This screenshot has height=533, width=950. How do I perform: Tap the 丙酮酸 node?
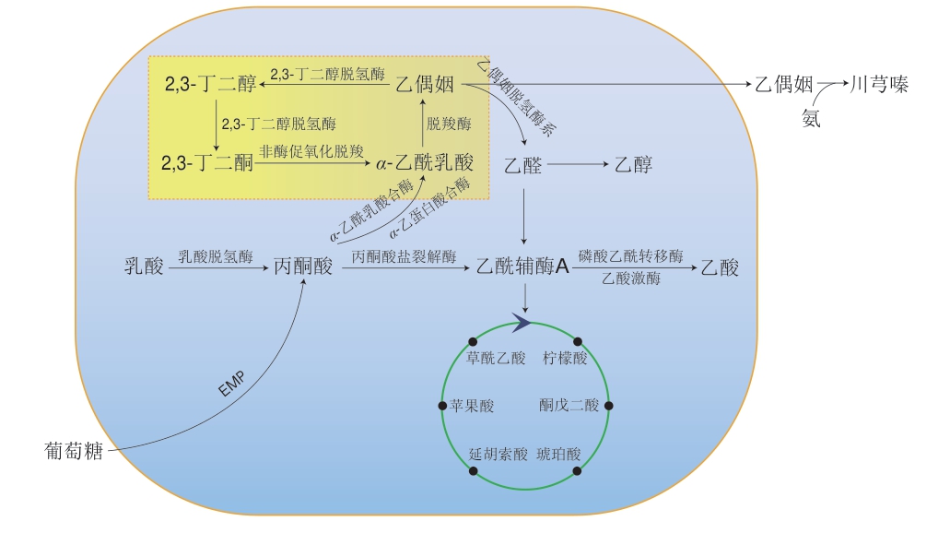tap(303, 267)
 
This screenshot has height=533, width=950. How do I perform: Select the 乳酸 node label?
tap(144, 267)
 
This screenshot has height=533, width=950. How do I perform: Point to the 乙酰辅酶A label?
tap(522, 267)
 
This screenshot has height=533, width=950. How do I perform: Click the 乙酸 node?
tap(720, 267)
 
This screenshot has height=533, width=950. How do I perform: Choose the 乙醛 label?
tap(523, 166)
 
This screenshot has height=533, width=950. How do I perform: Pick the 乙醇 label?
tap(633, 166)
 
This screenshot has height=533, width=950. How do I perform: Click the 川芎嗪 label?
tap(879, 85)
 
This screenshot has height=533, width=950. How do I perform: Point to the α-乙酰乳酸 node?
tap(425, 164)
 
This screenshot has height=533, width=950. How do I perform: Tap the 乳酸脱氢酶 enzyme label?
tap(215, 257)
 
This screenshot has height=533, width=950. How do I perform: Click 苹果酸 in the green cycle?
tap(473, 405)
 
